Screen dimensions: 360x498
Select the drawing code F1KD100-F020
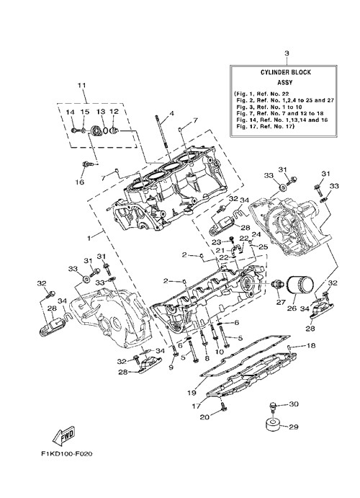pyautogui.click(x=67, y=454)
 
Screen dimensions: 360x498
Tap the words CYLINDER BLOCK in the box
pyautogui.click(x=285, y=72)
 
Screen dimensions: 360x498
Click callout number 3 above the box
pyautogui.click(x=287, y=53)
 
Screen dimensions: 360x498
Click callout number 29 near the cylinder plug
pyautogui.click(x=294, y=427)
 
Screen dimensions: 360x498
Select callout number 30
pyautogui.click(x=294, y=404)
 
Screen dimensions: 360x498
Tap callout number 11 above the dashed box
pyautogui.click(x=82, y=85)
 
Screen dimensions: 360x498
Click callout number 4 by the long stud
pyautogui.click(x=171, y=113)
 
